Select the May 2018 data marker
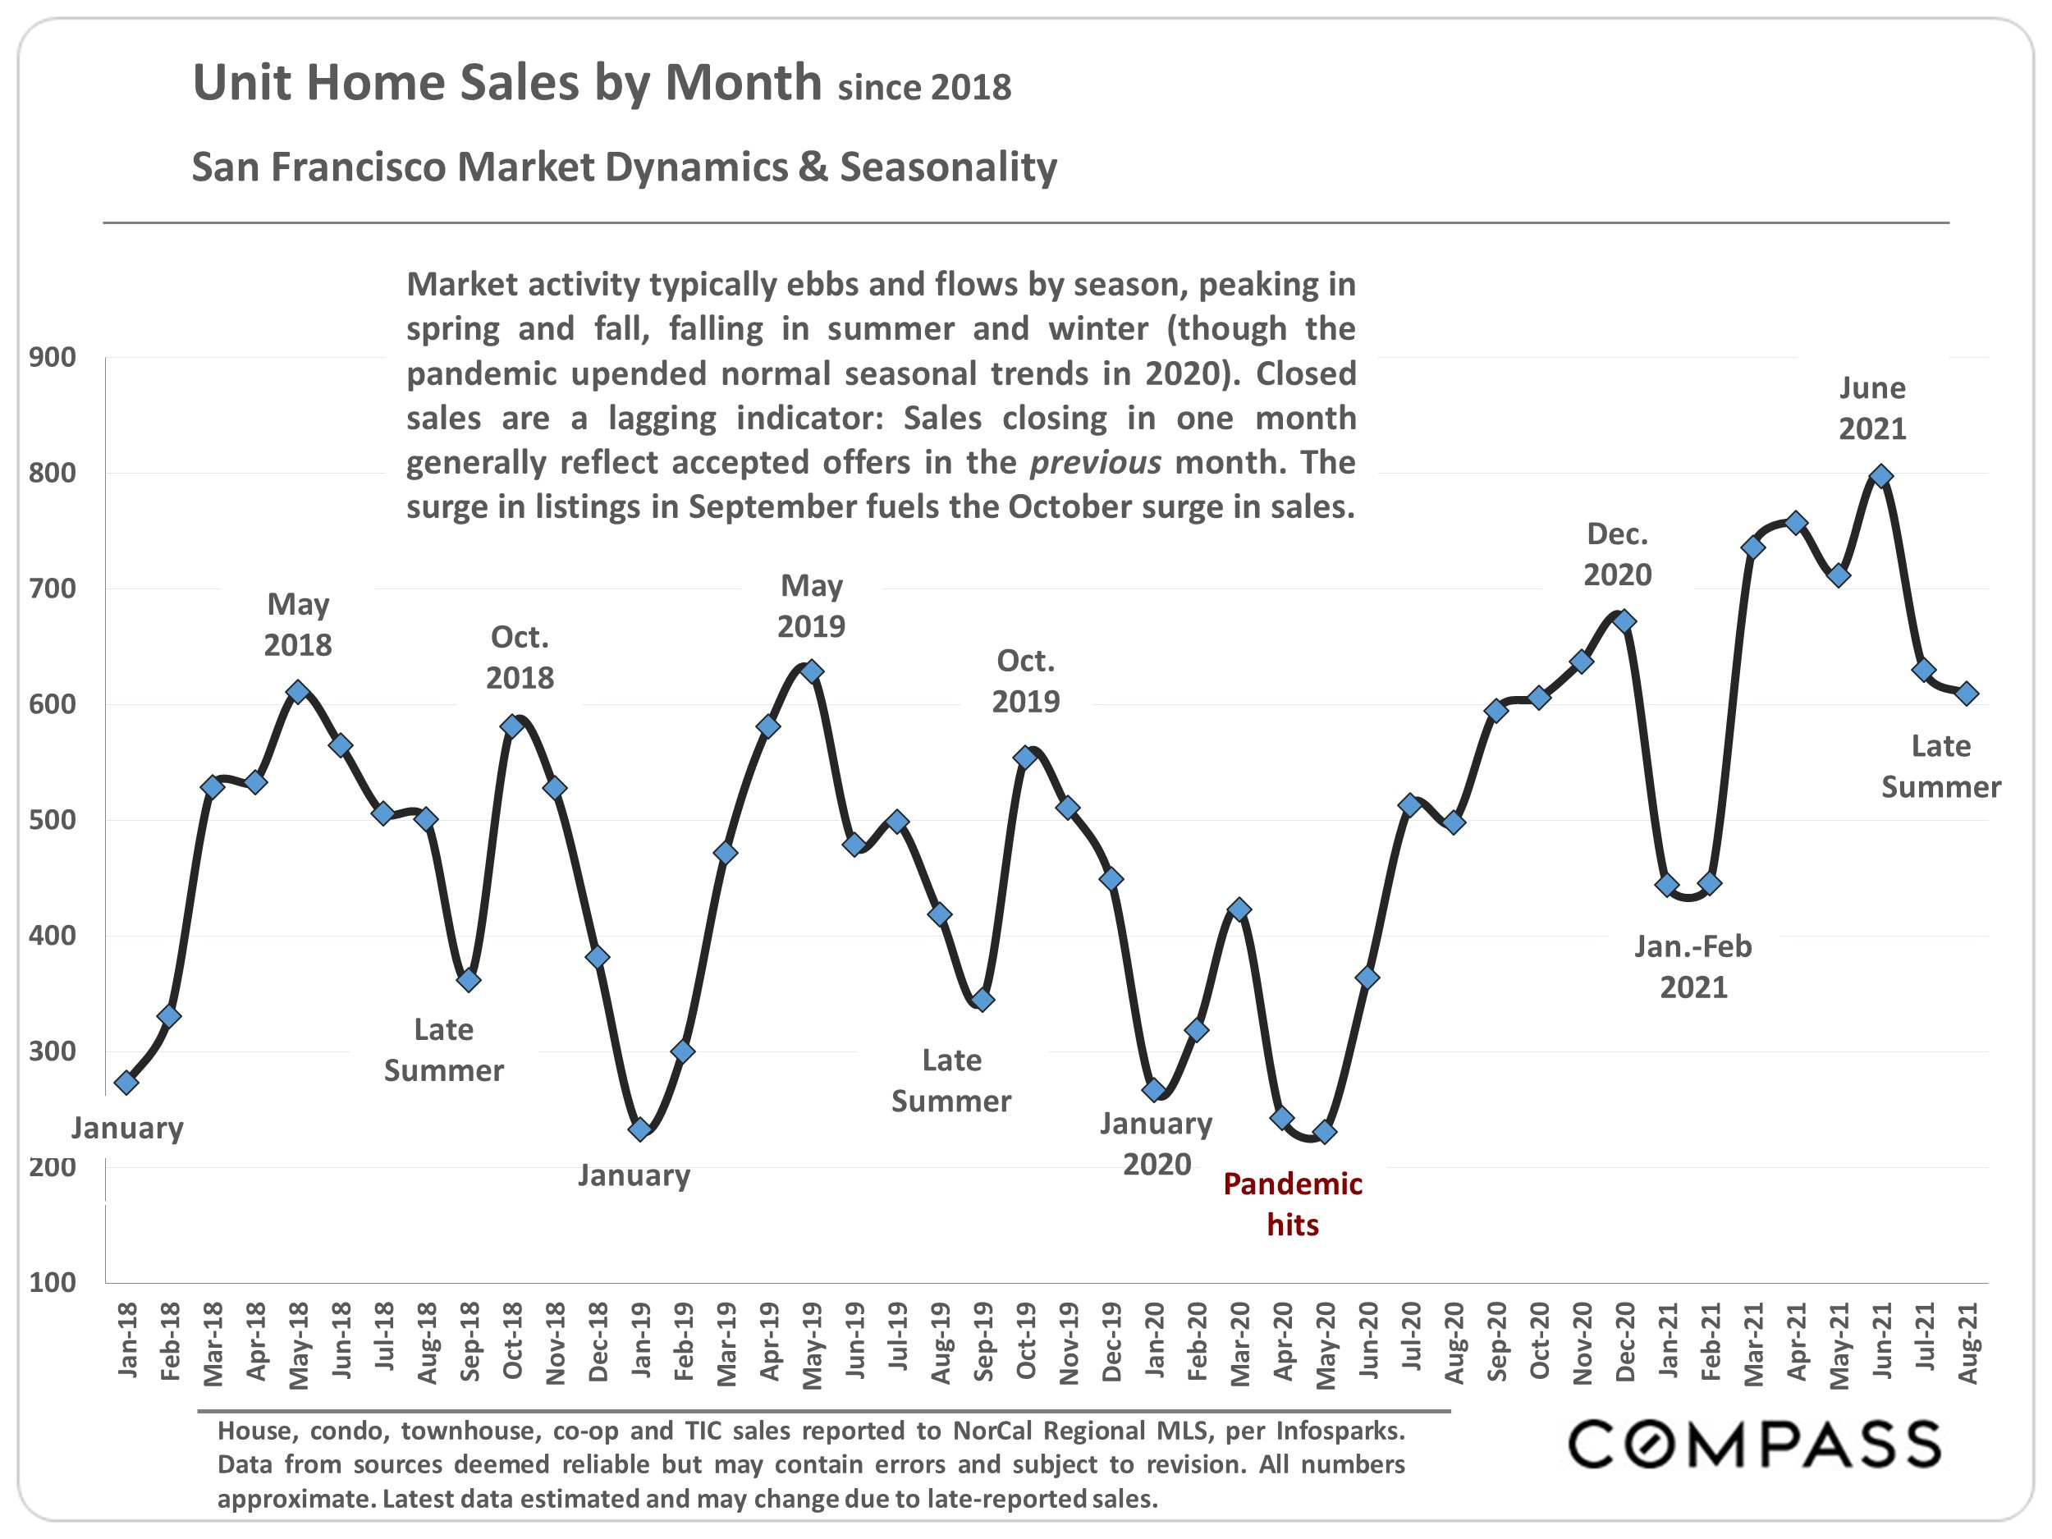(298, 692)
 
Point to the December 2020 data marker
(1624, 621)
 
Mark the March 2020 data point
(1239, 910)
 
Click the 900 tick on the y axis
(53, 357)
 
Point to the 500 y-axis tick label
(53, 820)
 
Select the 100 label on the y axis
(53, 1282)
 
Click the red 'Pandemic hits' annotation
(1292, 1204)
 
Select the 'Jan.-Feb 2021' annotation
(1693, 967)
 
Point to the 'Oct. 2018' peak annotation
(520, 657)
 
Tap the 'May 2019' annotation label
(812, 606)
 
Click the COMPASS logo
(1754, 1445)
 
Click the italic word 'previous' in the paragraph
(1096, 462)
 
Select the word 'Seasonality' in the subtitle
(948, 167)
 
